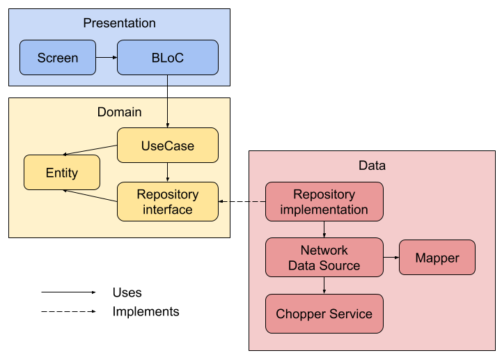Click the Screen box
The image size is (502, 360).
57,58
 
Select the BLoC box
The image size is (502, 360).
167,58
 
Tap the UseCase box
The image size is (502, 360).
167,146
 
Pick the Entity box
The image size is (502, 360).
61,173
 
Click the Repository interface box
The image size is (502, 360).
167,201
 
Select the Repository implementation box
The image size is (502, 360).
324,202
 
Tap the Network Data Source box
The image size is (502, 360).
324,258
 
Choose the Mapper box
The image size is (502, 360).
437,258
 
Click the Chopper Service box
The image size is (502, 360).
324,314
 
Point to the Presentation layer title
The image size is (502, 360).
119,24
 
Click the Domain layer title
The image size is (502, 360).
119,112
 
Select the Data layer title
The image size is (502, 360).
372,166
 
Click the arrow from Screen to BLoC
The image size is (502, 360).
106,58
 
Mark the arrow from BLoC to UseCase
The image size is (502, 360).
167,101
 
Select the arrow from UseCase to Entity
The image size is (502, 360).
91,150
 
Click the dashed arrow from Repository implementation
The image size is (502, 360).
242,202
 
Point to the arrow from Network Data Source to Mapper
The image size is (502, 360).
391,258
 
